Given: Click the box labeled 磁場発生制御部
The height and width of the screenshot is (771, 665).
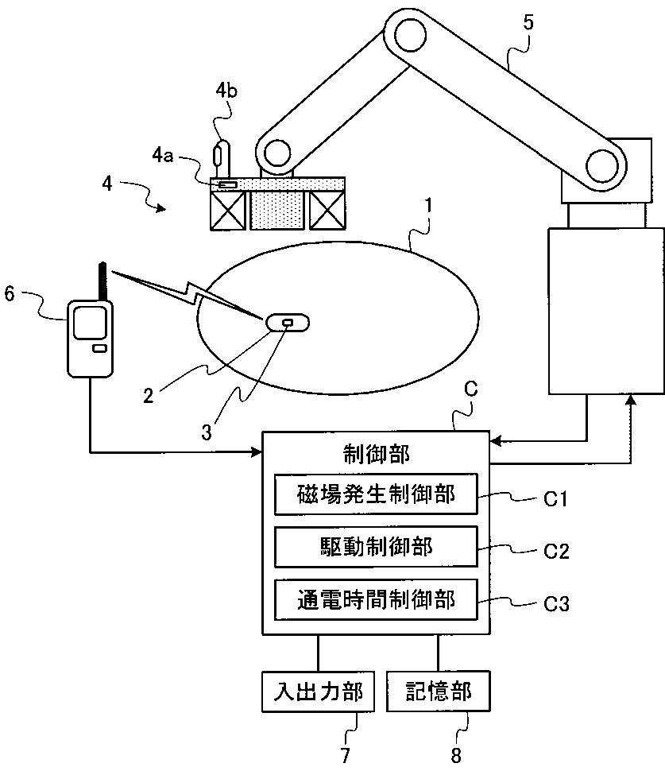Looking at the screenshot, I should (376, 495).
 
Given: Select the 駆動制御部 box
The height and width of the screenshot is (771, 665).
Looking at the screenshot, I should (376, 547).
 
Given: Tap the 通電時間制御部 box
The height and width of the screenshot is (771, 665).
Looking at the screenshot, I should (376, 600).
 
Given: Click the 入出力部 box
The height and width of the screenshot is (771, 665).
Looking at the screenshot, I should (317, 692).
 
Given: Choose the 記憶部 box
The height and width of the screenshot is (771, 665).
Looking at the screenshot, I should (438, 692).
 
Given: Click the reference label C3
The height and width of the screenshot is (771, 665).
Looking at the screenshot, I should (556, 604).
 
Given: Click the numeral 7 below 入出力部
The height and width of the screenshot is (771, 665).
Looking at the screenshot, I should (345, 755).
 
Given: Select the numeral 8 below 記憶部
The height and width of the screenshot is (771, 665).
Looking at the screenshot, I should (455, 755).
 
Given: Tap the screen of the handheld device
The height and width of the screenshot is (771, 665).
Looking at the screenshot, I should (87, 323).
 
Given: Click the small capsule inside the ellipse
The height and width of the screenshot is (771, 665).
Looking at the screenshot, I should (287, 323).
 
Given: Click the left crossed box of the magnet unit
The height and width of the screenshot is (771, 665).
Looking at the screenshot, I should (228, 211).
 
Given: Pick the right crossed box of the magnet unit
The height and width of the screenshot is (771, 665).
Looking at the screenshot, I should (327, 211).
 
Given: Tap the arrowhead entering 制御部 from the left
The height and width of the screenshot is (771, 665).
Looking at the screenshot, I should (257, 453).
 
